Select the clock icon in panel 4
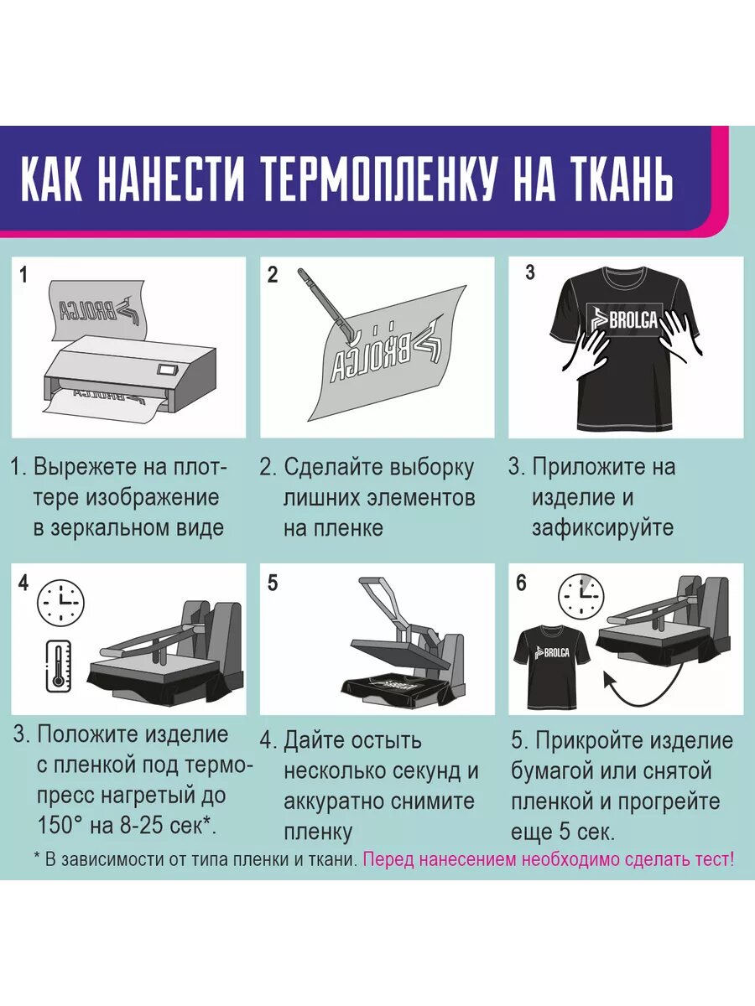point(61,602)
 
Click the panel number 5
point(273,583)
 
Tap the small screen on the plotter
point(165,368)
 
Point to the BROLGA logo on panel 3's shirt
point(625,321)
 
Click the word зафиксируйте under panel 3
point(602,528)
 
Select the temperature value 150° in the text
point(59,825)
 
